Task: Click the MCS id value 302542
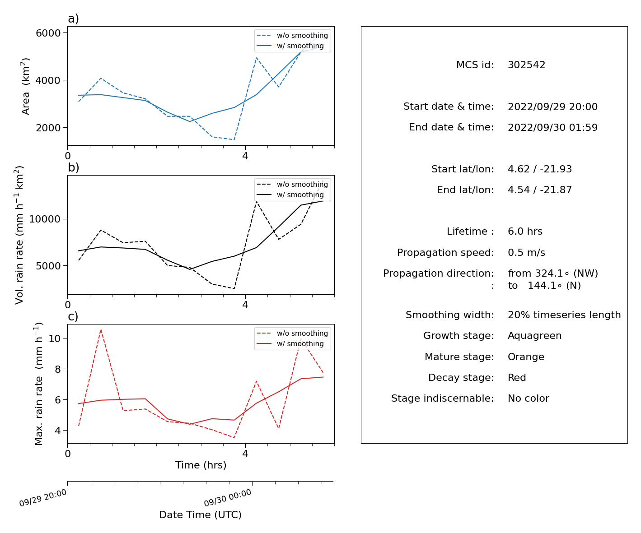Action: tap(526, 65)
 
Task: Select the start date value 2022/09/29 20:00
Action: tap(552, 107)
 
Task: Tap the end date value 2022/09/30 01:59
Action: tap(552, 127)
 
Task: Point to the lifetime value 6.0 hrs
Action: tap(525, 231)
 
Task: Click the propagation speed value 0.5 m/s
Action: tap(526, 252)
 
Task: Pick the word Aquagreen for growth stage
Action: tap(534, 336)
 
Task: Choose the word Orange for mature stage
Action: tap(526, 357)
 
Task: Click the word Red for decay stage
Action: tap(517, 377)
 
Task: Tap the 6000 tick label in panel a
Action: tap(48, 33)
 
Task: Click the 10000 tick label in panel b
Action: tap(45, 219)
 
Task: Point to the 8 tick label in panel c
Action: tap(58, 369)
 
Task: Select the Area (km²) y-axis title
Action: tap(26, 86)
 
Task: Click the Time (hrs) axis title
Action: tap(201, 465)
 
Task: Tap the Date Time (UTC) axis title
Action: tap(200, 514)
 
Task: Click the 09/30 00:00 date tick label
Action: tap(228, 497)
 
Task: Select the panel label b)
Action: tap(73, 167)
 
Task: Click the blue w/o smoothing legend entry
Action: tap(293, 36)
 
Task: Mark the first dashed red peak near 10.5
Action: tap(101, 330)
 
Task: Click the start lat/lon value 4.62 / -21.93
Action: tap(540, 169)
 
